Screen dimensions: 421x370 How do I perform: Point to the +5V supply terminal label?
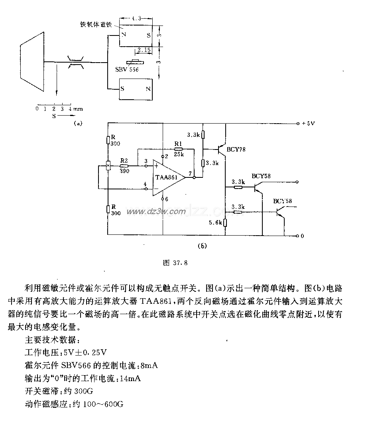[x=308, y=124]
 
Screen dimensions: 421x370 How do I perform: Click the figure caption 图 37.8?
[x=175, y=263]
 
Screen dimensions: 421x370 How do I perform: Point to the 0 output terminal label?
[x=302, y=236]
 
